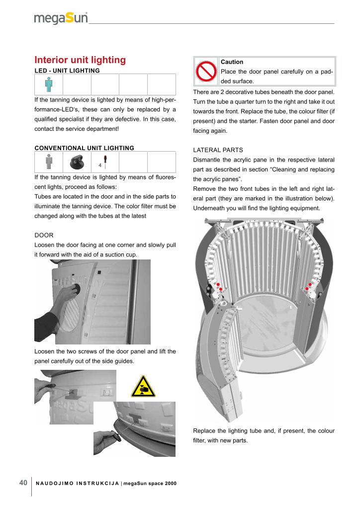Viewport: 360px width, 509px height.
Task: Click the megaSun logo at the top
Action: click(61, 18)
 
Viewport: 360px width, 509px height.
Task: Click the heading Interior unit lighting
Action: click(80, 60)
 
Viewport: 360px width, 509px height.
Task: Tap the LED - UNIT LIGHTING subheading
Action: click(67, 71)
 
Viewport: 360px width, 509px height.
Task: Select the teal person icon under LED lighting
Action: click(48, 84)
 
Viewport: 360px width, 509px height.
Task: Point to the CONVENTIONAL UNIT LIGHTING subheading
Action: click(84, 148)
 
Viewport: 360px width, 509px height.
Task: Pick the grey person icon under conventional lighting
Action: click(48, 161)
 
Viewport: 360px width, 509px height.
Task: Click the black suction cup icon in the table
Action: click(77, 161)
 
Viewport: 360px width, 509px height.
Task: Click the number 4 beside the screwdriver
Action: click(100, 165)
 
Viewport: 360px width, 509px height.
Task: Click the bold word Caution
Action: click(232, 62)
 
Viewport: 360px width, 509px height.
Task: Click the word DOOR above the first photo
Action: click(43, 235)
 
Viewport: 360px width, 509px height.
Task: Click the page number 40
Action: click(23, 483)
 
